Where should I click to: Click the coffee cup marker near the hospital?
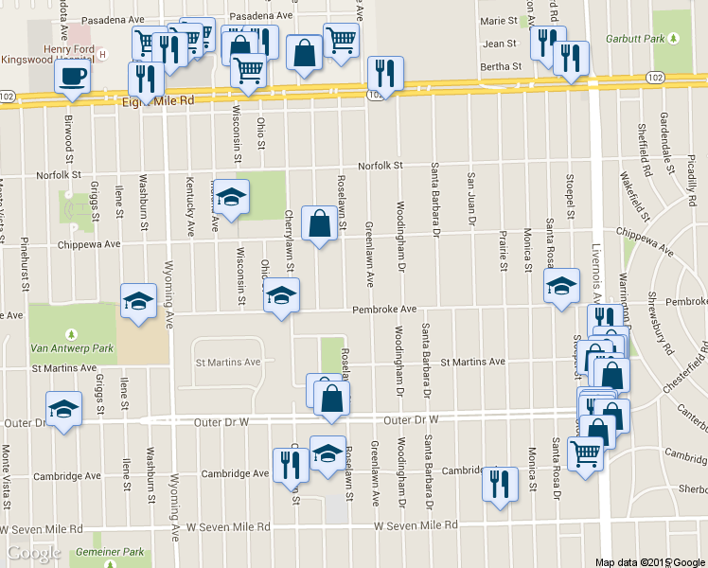pos(73,77)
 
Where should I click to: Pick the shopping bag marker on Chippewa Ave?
pos(319,223)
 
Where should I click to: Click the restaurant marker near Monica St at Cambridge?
pos(500,484)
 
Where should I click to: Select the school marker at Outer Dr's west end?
pos(62,409)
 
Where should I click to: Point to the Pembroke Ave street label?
pos(384,310)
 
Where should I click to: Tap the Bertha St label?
pos(503,66)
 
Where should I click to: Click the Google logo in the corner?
pos(34,553)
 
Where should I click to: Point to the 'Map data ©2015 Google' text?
pos(648,561)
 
